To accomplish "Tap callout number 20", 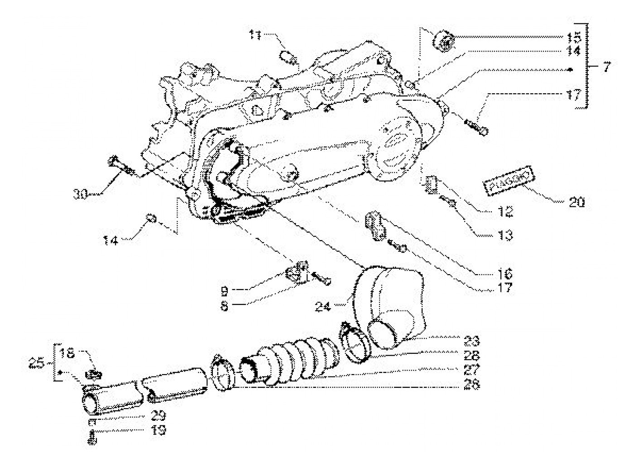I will click(x=576, y=202).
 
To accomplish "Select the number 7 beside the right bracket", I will click(x=606, y=68).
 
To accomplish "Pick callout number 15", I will click(x=572, y=36).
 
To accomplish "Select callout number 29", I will click(x=159, y=414).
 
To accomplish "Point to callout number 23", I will click(x=471, y=340).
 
